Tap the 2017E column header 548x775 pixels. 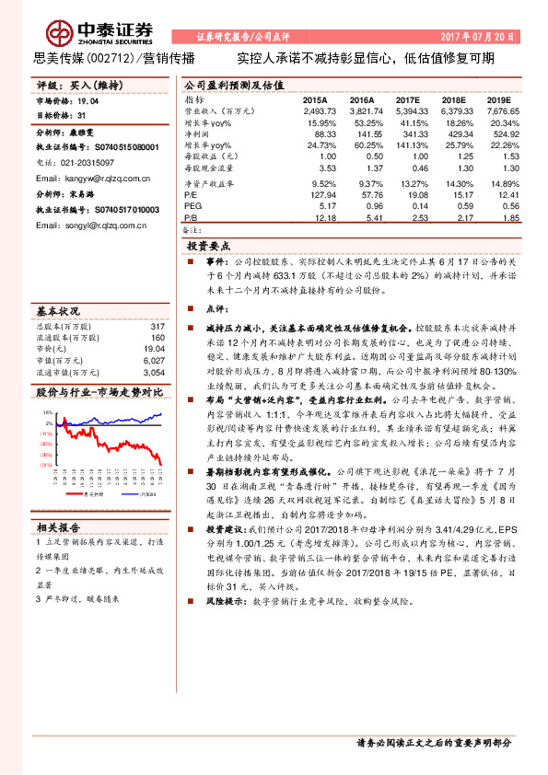(x=408, y=98)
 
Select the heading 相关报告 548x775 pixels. (x=60, y=526)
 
